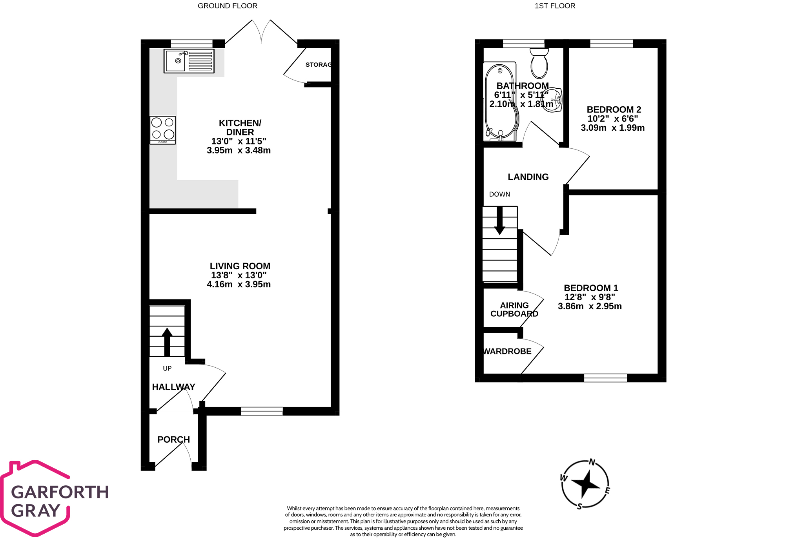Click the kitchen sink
tap(189, 61)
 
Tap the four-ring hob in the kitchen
tap(163, 130)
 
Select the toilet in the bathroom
tap(539, 64)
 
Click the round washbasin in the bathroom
tap(552, 100)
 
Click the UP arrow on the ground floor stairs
tap(167, 341)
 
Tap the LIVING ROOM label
tap(240, 266)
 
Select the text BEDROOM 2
tap(614, 109)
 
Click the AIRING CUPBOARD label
tap(514, 310)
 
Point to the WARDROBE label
tap(507, 352)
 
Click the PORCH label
tap(173, 440)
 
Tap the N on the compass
tap(592, 462)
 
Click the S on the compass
tap(579, 507)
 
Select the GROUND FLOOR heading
tap(228, 6)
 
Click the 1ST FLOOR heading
tap(555, 6)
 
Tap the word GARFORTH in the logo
tap(60, 492)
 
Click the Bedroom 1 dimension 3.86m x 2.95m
tap(590, 306)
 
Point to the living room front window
tap(262, 411)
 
